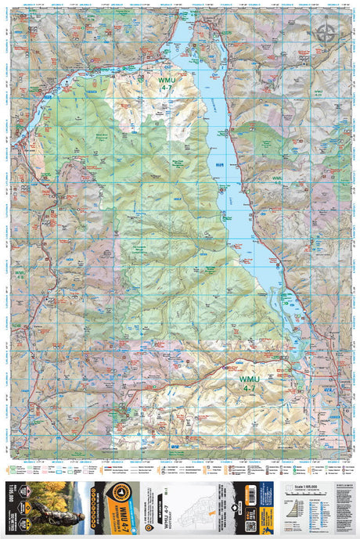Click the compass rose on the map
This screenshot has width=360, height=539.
(324, 32)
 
